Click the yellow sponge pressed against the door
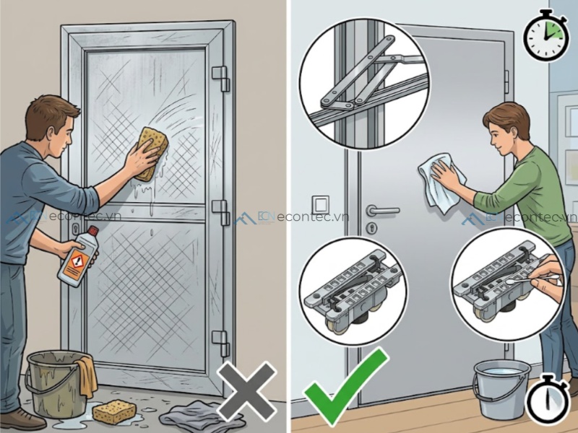point(150,151)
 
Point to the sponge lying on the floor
point(114,411)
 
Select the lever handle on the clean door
point(380,211)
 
